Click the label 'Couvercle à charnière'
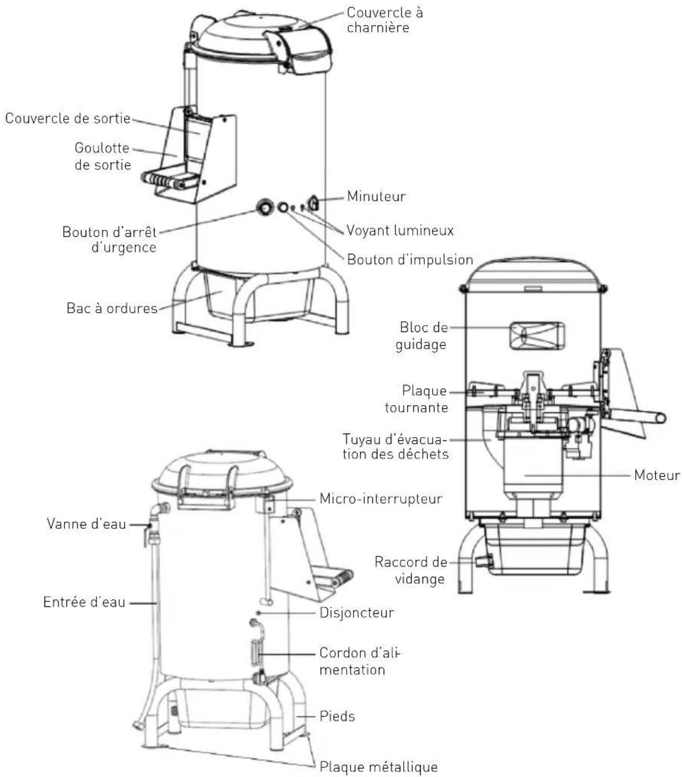coord(384,20)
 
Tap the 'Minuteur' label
coord(376,196)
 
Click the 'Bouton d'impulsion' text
coord(410,260)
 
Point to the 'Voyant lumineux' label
coord(400,230)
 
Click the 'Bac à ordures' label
coord(112,308)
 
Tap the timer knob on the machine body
coord(313,203)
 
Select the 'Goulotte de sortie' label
coord(103,156)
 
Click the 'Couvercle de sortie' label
coord(68,118)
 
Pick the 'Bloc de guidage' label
coord(421,335)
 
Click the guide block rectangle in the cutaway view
coord(537,336)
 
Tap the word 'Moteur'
coord(657,475)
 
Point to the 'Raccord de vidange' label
coord(411,570)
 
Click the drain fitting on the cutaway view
coord(484,561)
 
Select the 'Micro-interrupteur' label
coord(381,499)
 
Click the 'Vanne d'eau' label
coord(86,524)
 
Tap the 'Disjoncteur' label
coord(356,613)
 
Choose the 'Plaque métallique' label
coord(379,767)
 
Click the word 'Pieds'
coord(337,716)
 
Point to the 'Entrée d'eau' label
coord(84,602)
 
